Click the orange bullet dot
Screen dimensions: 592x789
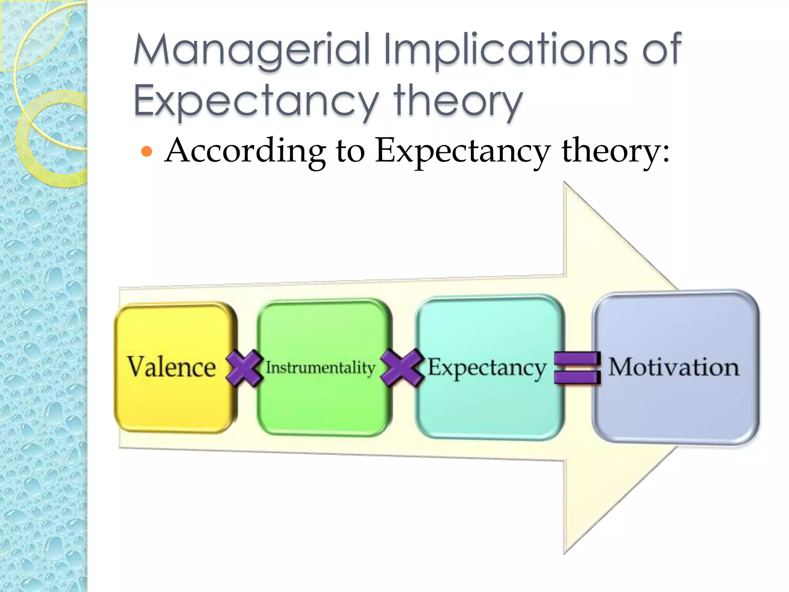tap(147, 151)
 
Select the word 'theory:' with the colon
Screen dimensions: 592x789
tap(615, 151)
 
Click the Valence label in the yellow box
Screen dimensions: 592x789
tap(171, 367)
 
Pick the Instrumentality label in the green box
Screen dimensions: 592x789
tap(320, 367)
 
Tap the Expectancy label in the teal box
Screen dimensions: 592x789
tap(487, 367)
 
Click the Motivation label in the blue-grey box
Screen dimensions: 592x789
tap(674, 367)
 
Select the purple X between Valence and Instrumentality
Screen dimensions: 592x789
tap(244, 368)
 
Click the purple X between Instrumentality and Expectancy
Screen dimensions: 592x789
tap(402, 367)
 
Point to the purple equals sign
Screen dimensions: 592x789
tap(577, 368)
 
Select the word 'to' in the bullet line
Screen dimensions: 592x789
tap(350, 151)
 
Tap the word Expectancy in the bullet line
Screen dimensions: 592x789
tap(463, 151)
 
